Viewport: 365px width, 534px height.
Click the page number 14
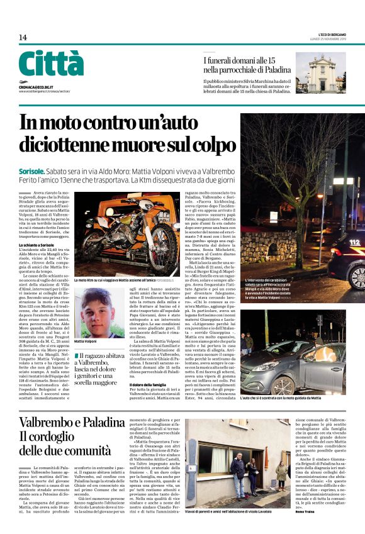coord(23,38)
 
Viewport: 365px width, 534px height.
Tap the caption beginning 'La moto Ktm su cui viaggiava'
coord(120,279)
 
